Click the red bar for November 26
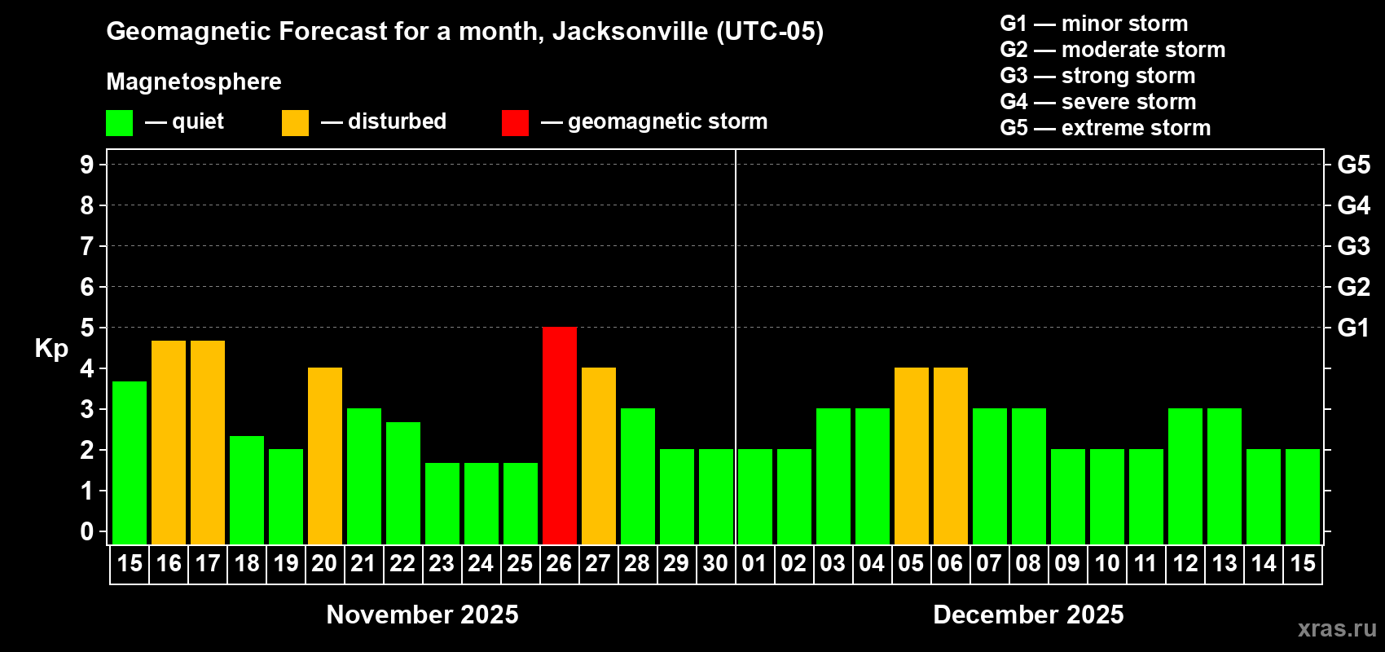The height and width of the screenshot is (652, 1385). [560, 435]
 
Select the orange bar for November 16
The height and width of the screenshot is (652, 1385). [169, 442]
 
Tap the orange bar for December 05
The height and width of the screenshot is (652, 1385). [912, 456]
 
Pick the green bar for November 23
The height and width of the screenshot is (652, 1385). [442, 503]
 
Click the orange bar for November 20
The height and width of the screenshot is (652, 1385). [325, 456]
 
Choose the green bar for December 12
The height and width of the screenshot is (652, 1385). [1185, 476]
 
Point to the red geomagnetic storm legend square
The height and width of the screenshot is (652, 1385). [515, 123]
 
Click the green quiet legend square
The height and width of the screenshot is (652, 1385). [120, 123]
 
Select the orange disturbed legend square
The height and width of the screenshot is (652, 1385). [295, 123]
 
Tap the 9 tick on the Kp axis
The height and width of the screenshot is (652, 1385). [87, 165]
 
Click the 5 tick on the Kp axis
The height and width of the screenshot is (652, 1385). [87, 328]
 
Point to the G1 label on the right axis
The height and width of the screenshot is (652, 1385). [1353, 328]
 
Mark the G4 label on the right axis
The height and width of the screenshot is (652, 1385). [1353, 205]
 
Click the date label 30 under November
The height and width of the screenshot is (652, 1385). [715, 563]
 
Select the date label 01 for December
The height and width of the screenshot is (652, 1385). [754, 563]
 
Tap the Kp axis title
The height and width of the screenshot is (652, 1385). [51, 349]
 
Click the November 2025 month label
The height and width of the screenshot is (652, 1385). [422, 615]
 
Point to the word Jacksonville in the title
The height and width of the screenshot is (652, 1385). [630, 32]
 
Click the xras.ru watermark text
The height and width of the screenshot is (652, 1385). [1337, 628]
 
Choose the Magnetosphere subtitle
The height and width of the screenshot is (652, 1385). [194, 81]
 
